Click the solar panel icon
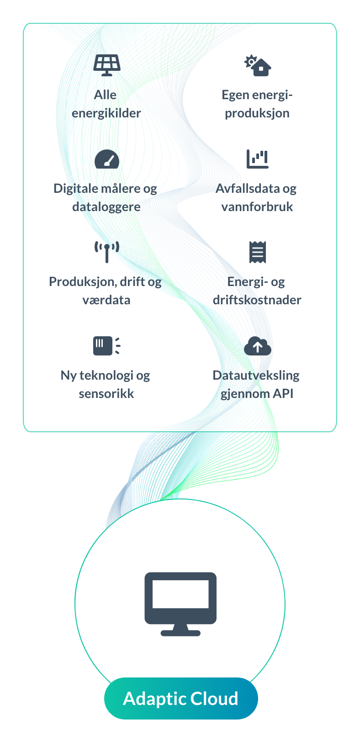pos(107,65)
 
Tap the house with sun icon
pos(258,65)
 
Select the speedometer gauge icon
pos(107,159)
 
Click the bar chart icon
pos(257,159)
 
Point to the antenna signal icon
pos(107,252)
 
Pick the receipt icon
pos(257,252)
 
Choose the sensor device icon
pos(106,345)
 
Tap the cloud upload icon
pos(257,346)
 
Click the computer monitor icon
pos(180,604)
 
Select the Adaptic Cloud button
pos(181,699)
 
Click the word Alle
pos(105,95)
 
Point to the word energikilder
pos(106,113)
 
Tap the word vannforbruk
pos(257,207)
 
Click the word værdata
pos(106,300)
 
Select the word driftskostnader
pos(257,300)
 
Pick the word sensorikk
pos(106,394)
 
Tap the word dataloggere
pos(106,207)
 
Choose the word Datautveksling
pos(256,376)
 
